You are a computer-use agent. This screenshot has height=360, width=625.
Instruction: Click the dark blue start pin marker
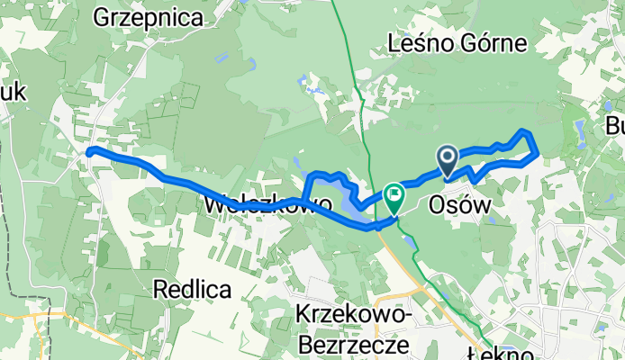click(x=448, y=160)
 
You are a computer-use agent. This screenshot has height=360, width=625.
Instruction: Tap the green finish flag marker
click(x=394, y=194)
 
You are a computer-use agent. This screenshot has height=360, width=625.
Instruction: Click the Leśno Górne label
click(x=443, y=42)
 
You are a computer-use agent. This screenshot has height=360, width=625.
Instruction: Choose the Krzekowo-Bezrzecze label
click(x=354, y=328)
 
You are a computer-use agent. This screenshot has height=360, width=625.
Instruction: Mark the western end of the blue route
click(x=89, y=151)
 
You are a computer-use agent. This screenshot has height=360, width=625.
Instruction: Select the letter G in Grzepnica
click(x=101, y=15)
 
